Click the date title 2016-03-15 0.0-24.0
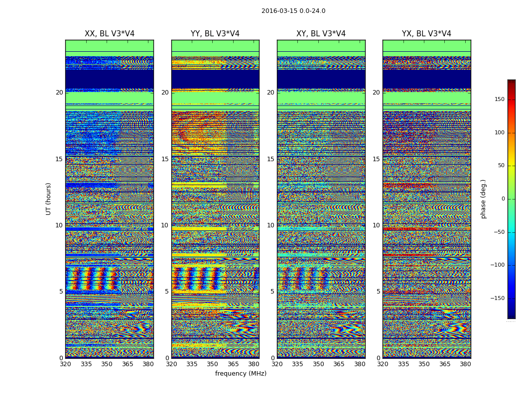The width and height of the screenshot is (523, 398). pyautogui.click(x=293, y=11)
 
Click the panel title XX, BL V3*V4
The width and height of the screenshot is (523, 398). pyautogui.click(x=110, y=34)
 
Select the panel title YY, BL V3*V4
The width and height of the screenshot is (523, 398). pyautogui.click(x=215, y=34)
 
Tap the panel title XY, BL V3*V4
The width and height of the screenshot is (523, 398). pyautogui.click(x=321, y=34)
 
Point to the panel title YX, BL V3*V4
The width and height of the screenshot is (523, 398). pyautogui.click(x=426, y=34)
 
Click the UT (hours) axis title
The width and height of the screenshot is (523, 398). pyautogui.click(x=49, y=199)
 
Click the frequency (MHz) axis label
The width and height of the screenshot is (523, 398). pyautogui.click(x=241, y=374)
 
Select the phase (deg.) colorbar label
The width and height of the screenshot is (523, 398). pyautogui.click(x=484, y=199)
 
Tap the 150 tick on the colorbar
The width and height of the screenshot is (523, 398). pyautogui.click(x=499, y=99)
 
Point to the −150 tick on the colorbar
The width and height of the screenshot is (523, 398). pyautogui.click(x=498, y=298)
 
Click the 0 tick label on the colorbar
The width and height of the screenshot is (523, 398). pyautogui.click(x=503, y=199)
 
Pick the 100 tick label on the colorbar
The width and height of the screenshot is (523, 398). pyautogui.click(x=499, y=133)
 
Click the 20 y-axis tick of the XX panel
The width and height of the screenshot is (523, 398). pyautogui.click(x=60, y=93)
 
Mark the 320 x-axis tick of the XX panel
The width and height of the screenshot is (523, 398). pyautogui.click(x=65, y=364)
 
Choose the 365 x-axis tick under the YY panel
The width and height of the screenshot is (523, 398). pyautogui.click(x=233, y=364)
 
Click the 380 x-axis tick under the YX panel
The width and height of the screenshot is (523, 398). pyautogui.click(x=465, y=364)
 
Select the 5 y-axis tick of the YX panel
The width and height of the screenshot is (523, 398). pyautogui.click(x=378, y=292)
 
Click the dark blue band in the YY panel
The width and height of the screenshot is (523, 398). pyautogui.click(x=215, y=79)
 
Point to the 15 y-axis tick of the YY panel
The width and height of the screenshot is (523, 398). pyautogui.click(x=165, y=159)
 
